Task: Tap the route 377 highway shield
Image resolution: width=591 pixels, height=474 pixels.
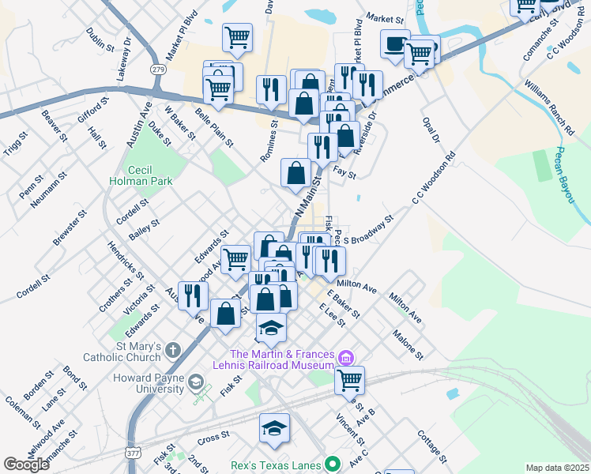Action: pos(133,453)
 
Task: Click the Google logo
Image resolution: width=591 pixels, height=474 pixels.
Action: pos(27,464)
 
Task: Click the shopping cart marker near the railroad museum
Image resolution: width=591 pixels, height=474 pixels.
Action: pos(348,380)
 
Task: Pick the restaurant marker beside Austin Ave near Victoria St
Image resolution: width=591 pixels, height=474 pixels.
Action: pos(193,295)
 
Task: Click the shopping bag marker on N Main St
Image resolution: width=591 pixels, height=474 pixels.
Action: pos(295,172)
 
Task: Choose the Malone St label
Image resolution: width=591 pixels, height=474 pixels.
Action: pos(408,344)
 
